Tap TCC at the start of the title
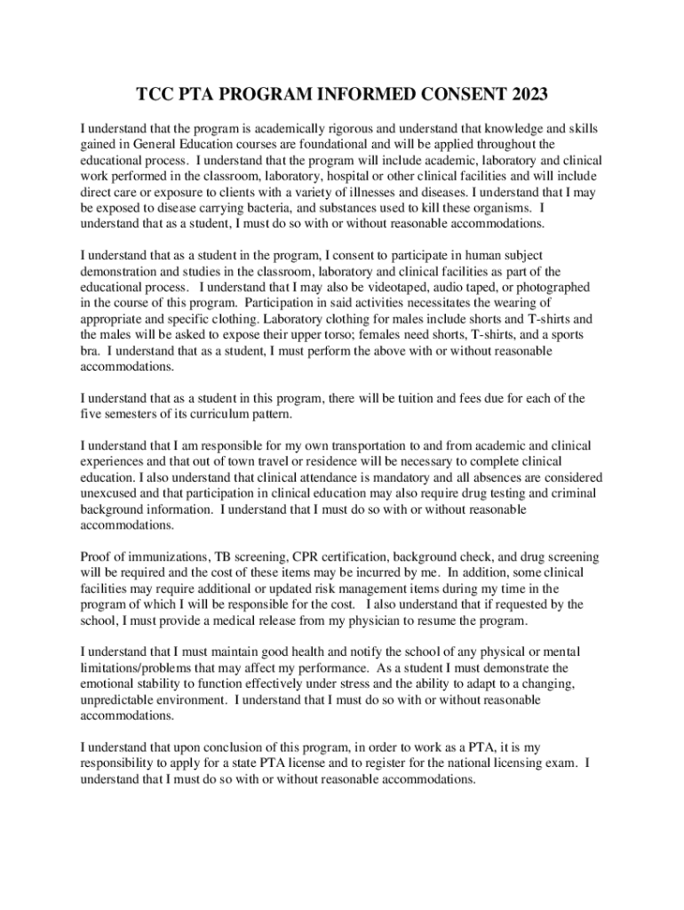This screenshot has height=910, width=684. [154, 93]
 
